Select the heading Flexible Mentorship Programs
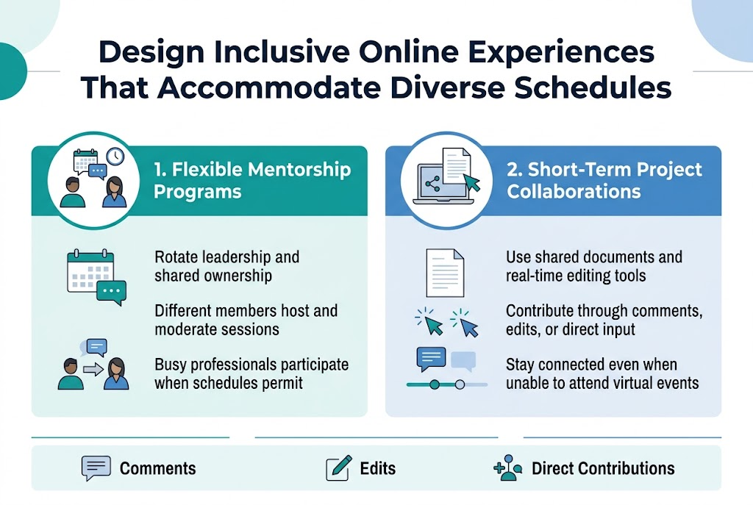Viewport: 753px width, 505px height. (252, 181)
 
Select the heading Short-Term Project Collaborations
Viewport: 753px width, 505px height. (604, 181)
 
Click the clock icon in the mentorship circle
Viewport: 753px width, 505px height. (115, 157)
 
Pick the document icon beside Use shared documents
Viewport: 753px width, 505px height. (446, 272)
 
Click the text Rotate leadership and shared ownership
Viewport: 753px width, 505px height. (227, 266)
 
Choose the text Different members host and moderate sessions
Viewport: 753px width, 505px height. (246, 320)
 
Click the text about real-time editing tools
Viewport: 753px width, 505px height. (576, 276)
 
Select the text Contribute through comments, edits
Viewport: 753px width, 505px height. (604, 320)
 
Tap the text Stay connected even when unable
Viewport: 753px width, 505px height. (602, 373)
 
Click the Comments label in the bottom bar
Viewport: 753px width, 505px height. (157, 468)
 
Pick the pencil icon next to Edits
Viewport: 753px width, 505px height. (338, 468)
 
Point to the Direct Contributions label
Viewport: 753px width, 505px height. (602, 468)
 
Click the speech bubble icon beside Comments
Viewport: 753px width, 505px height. (96, 468)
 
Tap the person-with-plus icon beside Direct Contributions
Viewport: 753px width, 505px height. (508, 468)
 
